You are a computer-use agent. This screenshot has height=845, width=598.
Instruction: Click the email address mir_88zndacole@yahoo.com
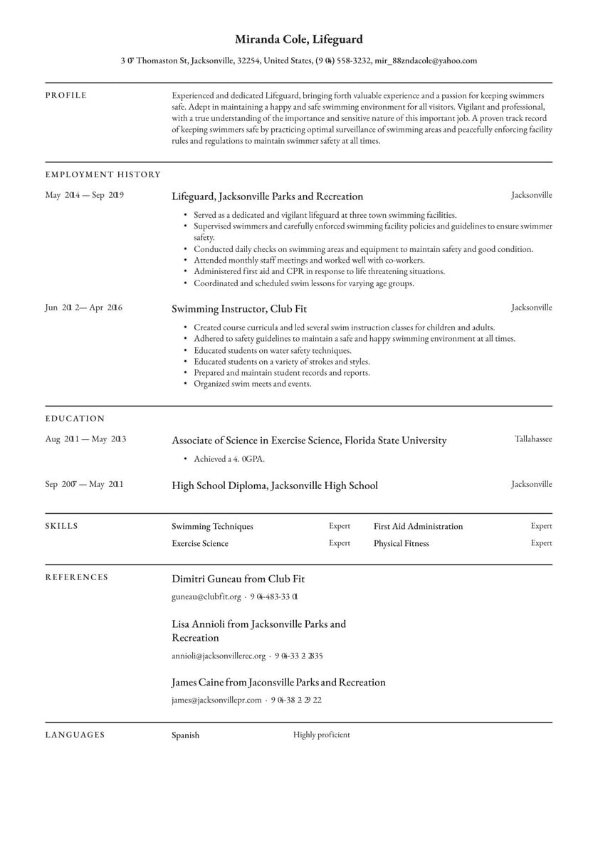[426, 61]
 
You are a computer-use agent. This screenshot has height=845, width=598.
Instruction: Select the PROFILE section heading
[66, 95]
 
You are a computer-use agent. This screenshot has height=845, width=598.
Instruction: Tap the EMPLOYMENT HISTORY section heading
[103, 174]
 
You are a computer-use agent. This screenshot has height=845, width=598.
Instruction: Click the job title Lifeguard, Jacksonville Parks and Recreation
[267, 196]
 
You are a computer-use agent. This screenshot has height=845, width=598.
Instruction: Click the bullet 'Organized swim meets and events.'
[252, 384]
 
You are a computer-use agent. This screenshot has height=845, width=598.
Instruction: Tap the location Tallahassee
[533, 439]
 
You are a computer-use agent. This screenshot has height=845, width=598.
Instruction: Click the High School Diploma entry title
[274, 486]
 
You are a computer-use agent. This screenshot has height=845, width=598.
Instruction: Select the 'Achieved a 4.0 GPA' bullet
[229, 459]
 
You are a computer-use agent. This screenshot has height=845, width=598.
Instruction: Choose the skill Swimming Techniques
[212, 527]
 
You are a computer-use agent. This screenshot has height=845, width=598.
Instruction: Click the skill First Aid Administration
[418, 527]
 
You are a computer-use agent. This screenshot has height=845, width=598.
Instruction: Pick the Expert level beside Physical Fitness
[541, 543]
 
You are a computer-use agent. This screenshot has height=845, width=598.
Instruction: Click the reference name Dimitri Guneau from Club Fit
[238, 579]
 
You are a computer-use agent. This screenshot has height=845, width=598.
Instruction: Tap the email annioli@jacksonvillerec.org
[219, 656]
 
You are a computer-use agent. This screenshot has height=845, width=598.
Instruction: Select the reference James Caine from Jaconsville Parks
[278, 683]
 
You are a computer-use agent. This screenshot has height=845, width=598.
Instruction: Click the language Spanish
[186, 735]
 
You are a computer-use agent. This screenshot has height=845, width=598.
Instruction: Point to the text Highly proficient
[321, 735]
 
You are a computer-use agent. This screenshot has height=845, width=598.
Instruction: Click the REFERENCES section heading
[77, 577]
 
